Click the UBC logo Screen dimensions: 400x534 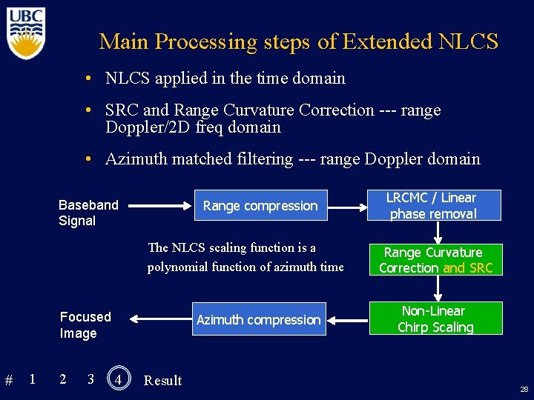[x=27, y=33]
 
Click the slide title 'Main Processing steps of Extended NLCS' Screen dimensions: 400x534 [x=298, y=41]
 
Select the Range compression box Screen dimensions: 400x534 [x=260, y=206]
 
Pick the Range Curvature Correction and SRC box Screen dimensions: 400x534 [x=435, y=260]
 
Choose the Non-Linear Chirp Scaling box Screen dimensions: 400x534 [x=435, y=319]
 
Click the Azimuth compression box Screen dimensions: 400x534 [x=258, y=320]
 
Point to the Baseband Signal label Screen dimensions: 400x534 [x=88, y=213]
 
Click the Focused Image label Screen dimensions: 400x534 [x=85, y=325]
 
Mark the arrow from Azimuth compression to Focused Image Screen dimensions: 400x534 [x=157, y=319]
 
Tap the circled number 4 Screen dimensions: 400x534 [x=118, y=379]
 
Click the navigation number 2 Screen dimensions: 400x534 [x=62, y=379]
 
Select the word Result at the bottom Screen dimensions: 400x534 [x=162, y=381]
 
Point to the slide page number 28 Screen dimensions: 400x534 [x=524, y=389]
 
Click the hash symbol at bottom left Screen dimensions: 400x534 [x=9, y=381]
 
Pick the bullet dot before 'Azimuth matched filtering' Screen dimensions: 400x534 [x=88, y=159]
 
